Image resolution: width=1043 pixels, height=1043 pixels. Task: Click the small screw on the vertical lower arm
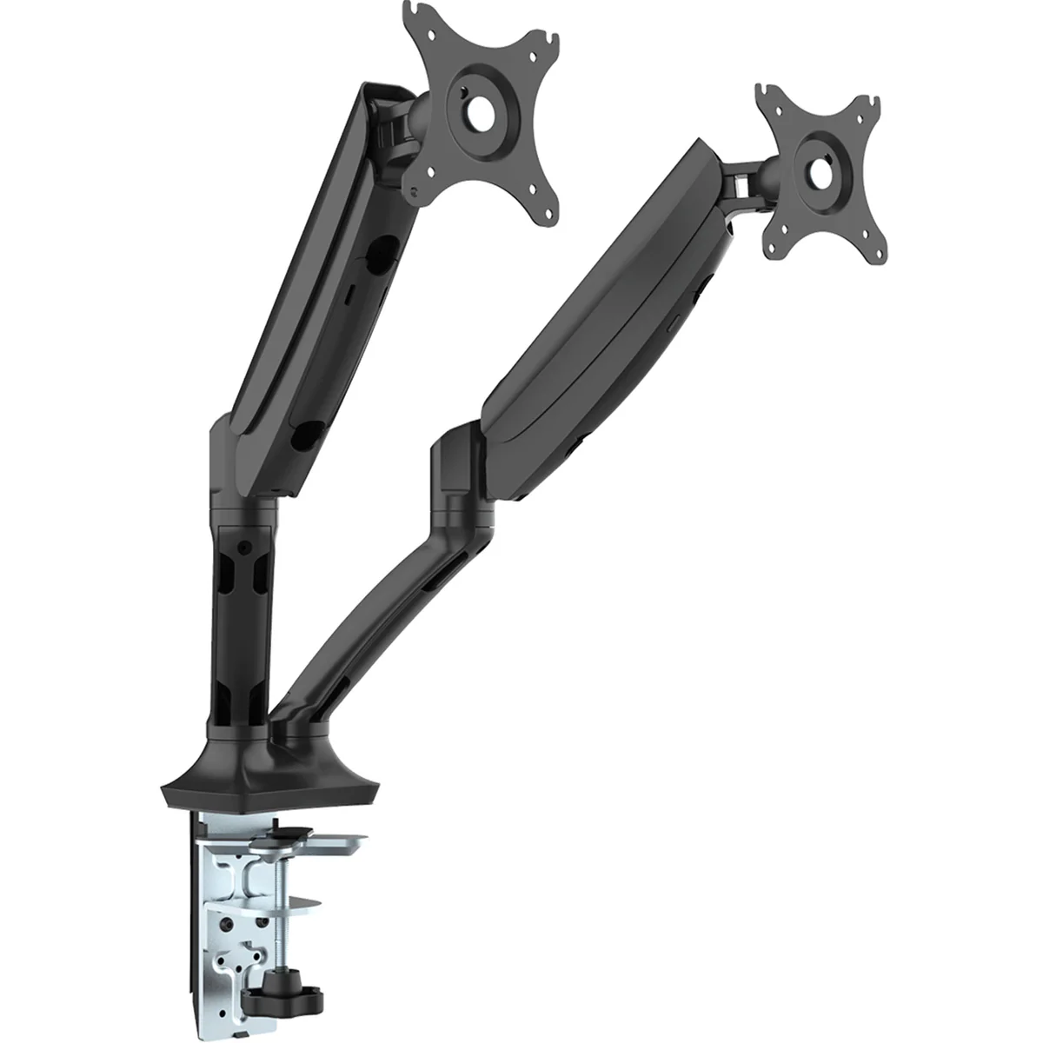coord(246,546)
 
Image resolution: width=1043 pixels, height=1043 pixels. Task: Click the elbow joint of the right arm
coord(456,474)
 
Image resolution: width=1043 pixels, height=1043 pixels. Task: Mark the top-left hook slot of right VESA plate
coord(764,92)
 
